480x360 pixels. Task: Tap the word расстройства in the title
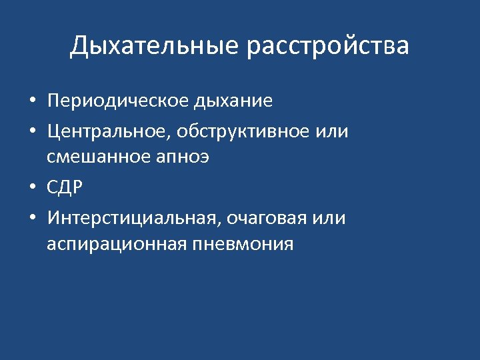[328, 47]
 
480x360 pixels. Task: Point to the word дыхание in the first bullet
[233, 101]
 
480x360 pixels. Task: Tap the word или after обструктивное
[331, 131]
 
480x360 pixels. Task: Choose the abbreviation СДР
[65, 189]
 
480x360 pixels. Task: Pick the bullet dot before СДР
[31, 189]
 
